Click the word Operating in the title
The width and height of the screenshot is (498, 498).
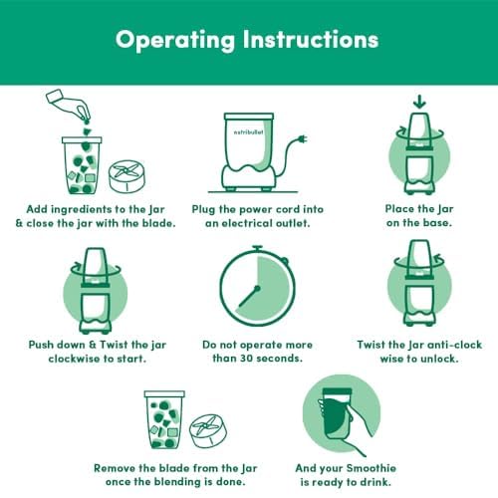[x=175, y=40]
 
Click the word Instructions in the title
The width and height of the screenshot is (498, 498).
[x=311, y=39]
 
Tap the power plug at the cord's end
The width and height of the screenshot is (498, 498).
[x=303, y=138]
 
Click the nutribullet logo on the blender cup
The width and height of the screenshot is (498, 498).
[x=248, y=132]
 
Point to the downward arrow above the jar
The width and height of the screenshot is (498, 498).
[x=419, y=102]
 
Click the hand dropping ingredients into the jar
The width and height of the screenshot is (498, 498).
[x=68, y=105]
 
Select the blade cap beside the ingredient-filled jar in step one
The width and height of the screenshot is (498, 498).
[x=126, y=176]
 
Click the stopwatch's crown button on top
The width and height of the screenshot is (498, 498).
[x=257, y=248]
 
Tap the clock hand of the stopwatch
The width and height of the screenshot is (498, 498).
[x=249, y=296]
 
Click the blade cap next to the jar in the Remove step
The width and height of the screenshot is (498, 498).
[x=208, y=430]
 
